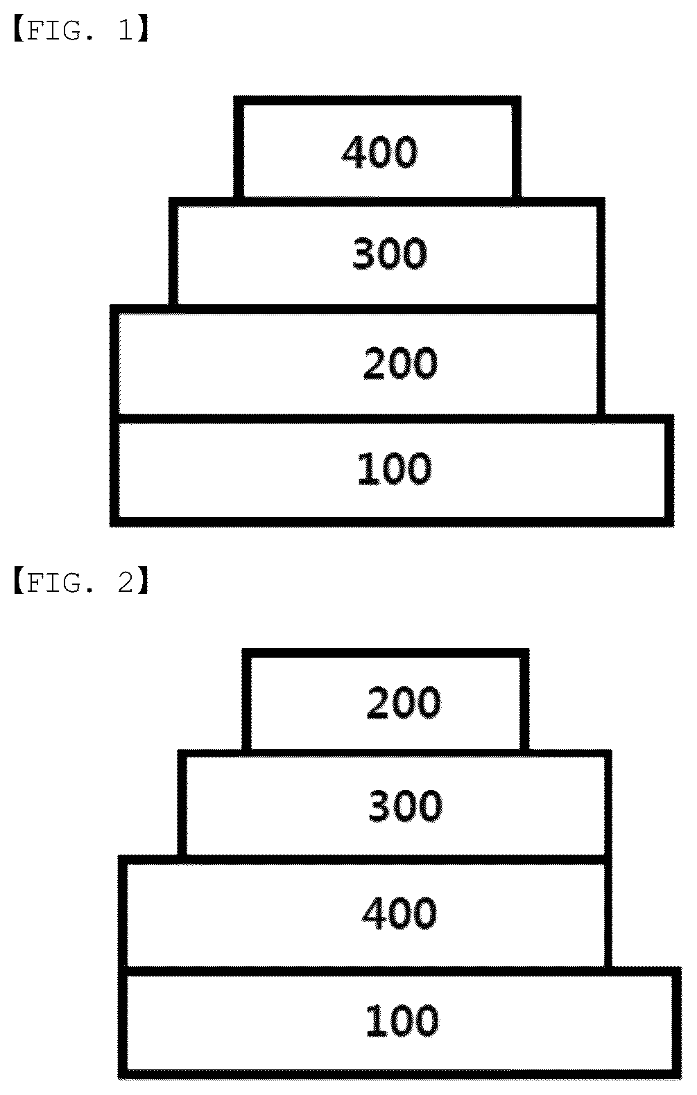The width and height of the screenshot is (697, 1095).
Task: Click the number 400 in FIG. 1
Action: coord(380,152)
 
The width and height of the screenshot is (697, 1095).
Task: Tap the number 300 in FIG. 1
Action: coord(390,253)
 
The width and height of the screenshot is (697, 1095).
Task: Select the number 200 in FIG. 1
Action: coord(401,362)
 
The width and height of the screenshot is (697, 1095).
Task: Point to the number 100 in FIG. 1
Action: coord(395,468)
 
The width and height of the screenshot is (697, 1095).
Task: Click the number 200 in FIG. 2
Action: coord(404,703)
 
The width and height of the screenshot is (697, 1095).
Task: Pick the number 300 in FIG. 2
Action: coord(406,806)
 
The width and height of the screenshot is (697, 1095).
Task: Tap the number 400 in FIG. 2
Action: coord(399,913)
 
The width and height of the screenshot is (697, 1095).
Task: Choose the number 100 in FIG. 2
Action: coord(402,1020)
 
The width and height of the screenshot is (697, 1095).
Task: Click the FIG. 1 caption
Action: coord(80,30)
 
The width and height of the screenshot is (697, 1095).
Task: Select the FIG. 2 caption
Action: coord(80,582)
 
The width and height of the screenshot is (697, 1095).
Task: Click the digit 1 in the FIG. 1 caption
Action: coord(126,30)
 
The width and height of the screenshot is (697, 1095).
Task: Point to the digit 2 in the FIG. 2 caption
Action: coord(126,582)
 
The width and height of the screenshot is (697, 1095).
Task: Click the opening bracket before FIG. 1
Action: coord(19,30)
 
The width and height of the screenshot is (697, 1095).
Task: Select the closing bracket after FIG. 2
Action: coord(143,582)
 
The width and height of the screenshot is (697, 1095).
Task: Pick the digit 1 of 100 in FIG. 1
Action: coord(364,468)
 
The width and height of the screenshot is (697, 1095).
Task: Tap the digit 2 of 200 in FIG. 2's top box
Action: coord(377,703)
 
